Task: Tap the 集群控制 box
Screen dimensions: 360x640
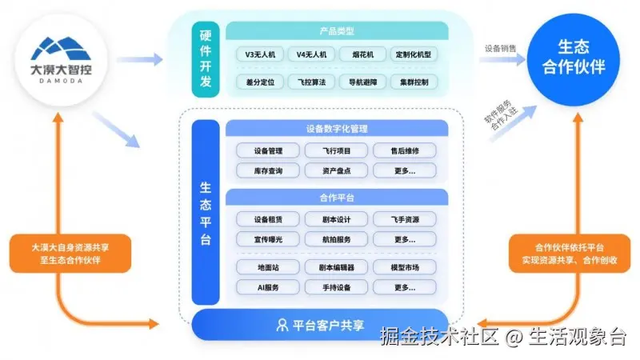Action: coord(412,82)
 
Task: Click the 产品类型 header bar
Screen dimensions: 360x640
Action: coord(337,30)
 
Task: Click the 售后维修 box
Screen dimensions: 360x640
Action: coord(404,150)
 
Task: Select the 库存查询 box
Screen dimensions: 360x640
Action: coord(267,170)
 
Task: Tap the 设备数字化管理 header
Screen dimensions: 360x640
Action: coord(337,128)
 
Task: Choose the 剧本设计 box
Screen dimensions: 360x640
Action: coord(335,219)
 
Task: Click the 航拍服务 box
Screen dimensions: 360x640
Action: coord(335,239)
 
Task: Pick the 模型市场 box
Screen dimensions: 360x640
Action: coord(404,267)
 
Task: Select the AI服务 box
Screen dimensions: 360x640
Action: coord(267,287)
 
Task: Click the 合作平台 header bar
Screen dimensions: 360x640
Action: coord(337,197)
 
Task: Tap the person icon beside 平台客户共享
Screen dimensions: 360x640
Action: coord(282,325)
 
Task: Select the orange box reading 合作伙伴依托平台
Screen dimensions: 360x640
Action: coord(569,254)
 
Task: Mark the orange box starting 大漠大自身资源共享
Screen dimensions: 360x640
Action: coord(65,254)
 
